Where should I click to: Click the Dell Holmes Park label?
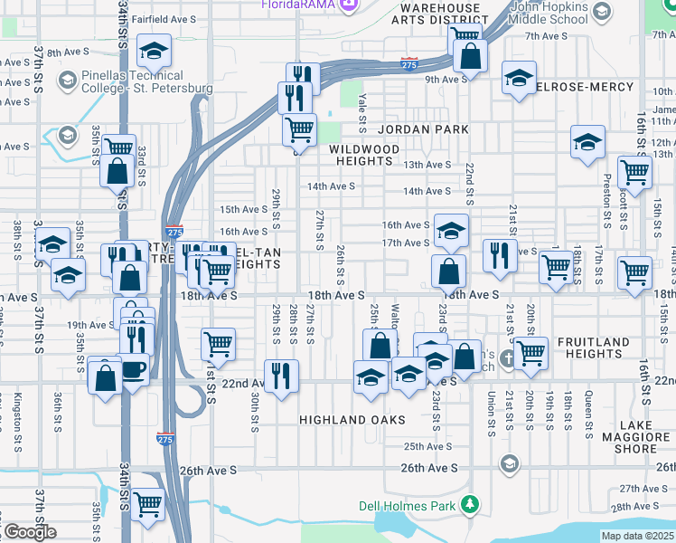click(x=407, y=506)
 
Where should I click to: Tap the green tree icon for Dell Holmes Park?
click(x=469, y=504)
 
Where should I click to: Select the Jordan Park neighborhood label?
click(x=424, y=129)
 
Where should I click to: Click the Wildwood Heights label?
click(x=364, y=155)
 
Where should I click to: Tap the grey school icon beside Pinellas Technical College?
click(x=67, y=81)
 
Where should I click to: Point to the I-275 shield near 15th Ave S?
click(x=174, y=233)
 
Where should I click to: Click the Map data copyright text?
click(x=637, y=536)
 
